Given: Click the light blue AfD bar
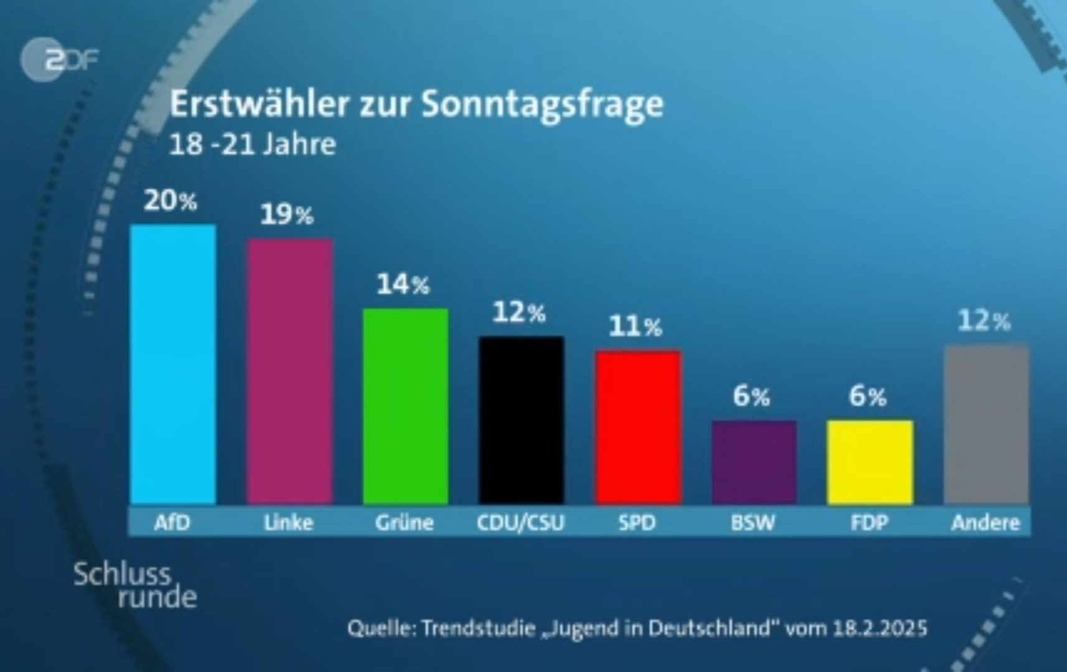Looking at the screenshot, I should (x=173, y=364).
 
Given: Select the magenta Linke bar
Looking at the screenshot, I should (x=289, y=371).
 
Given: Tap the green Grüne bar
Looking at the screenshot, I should (x=405, y=406).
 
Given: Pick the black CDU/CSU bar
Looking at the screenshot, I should (x=521, y=420).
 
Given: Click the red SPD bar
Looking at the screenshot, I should (x=637, y=427).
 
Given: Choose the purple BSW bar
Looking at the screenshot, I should (x=754, y=462).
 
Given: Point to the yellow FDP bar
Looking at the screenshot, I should (x=870, y=462).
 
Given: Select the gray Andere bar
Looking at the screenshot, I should (x=986, y=424).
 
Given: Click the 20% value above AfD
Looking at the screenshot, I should (x=170, y=201).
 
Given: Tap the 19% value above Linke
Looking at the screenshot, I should (x=286, y=215).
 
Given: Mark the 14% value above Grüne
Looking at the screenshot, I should (x=403, y=285).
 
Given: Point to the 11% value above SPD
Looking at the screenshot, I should (x=635, y=327).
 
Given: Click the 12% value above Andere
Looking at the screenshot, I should (x=984, y=321).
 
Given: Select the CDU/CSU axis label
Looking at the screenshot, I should (x=520, y=523).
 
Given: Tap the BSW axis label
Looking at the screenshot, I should (x=753, y=523).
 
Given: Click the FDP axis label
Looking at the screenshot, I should (x=869, y=523).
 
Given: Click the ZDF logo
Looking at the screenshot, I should (x=60, y=60).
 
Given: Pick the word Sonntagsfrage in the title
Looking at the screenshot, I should (x=542, y=105).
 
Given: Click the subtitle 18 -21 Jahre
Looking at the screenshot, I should (x=252, y=145).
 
